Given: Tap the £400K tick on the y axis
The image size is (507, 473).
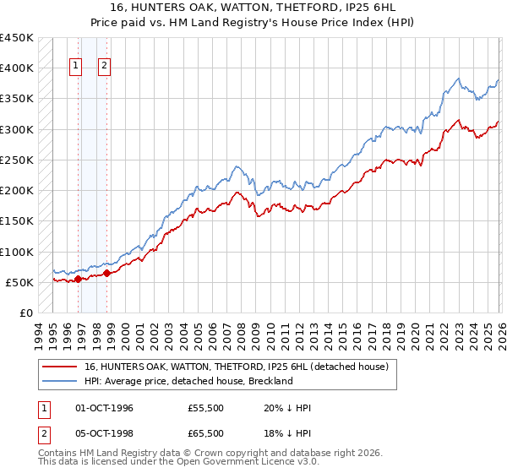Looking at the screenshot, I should (17, 68).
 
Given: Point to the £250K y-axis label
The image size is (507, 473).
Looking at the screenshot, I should (17, 160).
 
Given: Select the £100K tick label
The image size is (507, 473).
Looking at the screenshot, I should (17, 252).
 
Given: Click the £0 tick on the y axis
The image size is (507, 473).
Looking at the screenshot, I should (25, 313).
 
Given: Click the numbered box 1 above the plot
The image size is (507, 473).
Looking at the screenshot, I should (76, 65).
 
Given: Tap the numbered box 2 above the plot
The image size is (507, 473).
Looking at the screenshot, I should (105, 65).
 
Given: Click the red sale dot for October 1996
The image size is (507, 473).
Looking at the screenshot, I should (78, 278).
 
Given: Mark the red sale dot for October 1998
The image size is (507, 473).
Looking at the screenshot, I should (106, 273).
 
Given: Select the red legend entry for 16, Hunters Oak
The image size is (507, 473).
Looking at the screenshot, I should (236, 367).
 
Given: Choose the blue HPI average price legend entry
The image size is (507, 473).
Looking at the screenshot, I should (188, 381).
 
